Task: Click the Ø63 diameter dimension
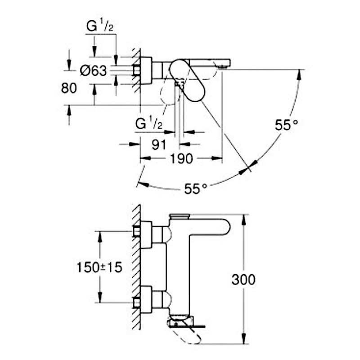pos(94,71)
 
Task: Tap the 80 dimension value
pos(69,88)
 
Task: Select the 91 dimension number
pos(159,144)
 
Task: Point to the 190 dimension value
pos(181,159)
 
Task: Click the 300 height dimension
pos(243,279)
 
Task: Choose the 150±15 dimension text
pos(99,267)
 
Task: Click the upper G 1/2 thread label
pos(100,27)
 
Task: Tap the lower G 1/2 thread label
pos(149,124)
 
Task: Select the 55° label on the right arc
pos(286,125)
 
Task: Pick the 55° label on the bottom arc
pos(196,189)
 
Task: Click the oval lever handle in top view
pos(187,80)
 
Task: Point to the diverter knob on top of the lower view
pos(180,216)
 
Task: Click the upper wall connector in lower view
pos(146,234)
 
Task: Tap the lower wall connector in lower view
pos(146,299)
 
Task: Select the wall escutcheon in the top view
pos(146,70)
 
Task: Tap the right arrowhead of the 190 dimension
pos(217,158)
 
